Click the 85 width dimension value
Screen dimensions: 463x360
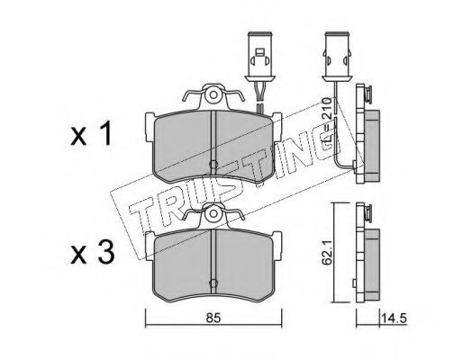pos(213,318)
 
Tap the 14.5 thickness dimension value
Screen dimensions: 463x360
pos(394,319)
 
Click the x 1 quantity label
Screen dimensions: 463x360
pos(91,135)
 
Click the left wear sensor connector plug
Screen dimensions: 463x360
pos(259,57)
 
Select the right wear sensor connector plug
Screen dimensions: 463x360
pos(337,57)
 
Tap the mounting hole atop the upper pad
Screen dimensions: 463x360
pos(213,95)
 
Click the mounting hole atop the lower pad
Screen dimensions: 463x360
pos(213,213)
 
